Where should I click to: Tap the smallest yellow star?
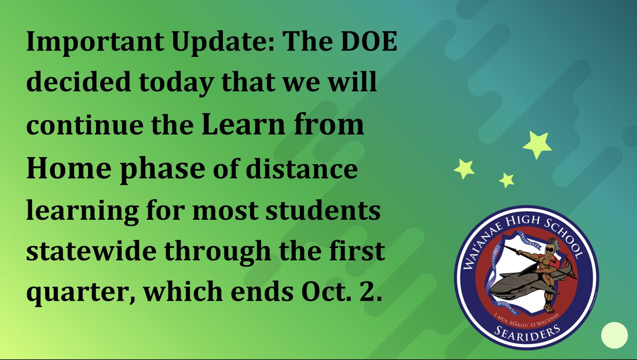pyautogui.click(x=506, y=180)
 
